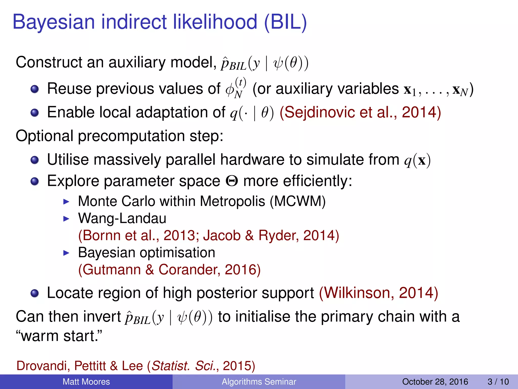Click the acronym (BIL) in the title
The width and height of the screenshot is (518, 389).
[285, 22]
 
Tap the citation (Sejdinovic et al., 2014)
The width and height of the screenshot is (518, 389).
[360, 112]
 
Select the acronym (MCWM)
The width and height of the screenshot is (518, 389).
[298, 201]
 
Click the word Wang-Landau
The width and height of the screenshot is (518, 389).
[122, 218]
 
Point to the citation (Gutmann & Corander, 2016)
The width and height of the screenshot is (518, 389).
[169, 269]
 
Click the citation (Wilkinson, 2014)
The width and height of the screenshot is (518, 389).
[378, 293]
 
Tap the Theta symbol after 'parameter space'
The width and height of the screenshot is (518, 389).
[231, 181]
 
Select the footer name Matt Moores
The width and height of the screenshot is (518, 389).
[86, 382]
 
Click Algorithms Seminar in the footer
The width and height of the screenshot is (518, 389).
[259, 382]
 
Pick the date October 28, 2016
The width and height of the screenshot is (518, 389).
[435, 382]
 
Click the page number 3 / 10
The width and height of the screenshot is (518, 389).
[498, 382]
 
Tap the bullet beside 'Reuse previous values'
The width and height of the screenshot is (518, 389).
[35, 89]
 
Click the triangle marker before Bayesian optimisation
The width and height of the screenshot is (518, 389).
[66, 253]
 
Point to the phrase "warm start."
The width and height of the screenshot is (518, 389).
[59, 336]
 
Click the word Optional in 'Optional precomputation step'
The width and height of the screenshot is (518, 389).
[44, 136]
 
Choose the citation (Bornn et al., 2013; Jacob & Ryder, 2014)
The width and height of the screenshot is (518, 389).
[208, 236]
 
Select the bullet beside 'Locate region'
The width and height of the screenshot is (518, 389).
[35, 293]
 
